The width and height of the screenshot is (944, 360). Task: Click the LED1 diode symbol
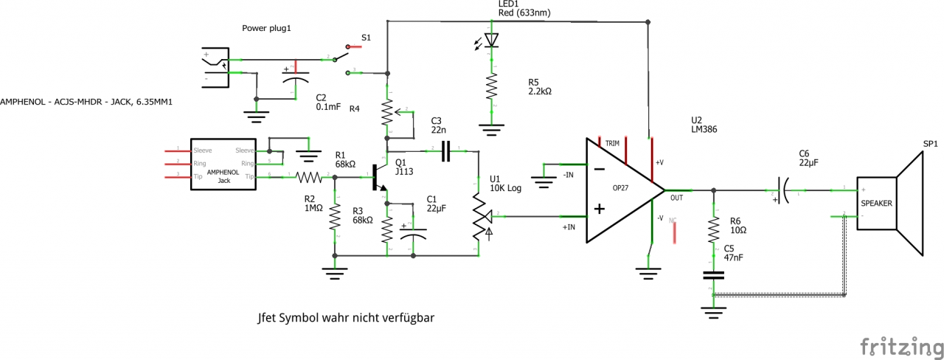(x=491, y=40)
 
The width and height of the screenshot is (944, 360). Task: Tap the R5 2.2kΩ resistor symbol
(x=491, y=88)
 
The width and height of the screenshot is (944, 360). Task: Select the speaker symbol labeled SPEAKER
(x=889, y=202)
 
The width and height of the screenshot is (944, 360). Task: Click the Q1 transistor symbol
(x=379, y=177)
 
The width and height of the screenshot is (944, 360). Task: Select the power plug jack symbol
(x=216, y=66)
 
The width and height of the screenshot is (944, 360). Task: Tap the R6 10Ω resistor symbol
(x=713, y=230)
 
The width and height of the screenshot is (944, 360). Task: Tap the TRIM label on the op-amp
(x=613, y=142)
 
